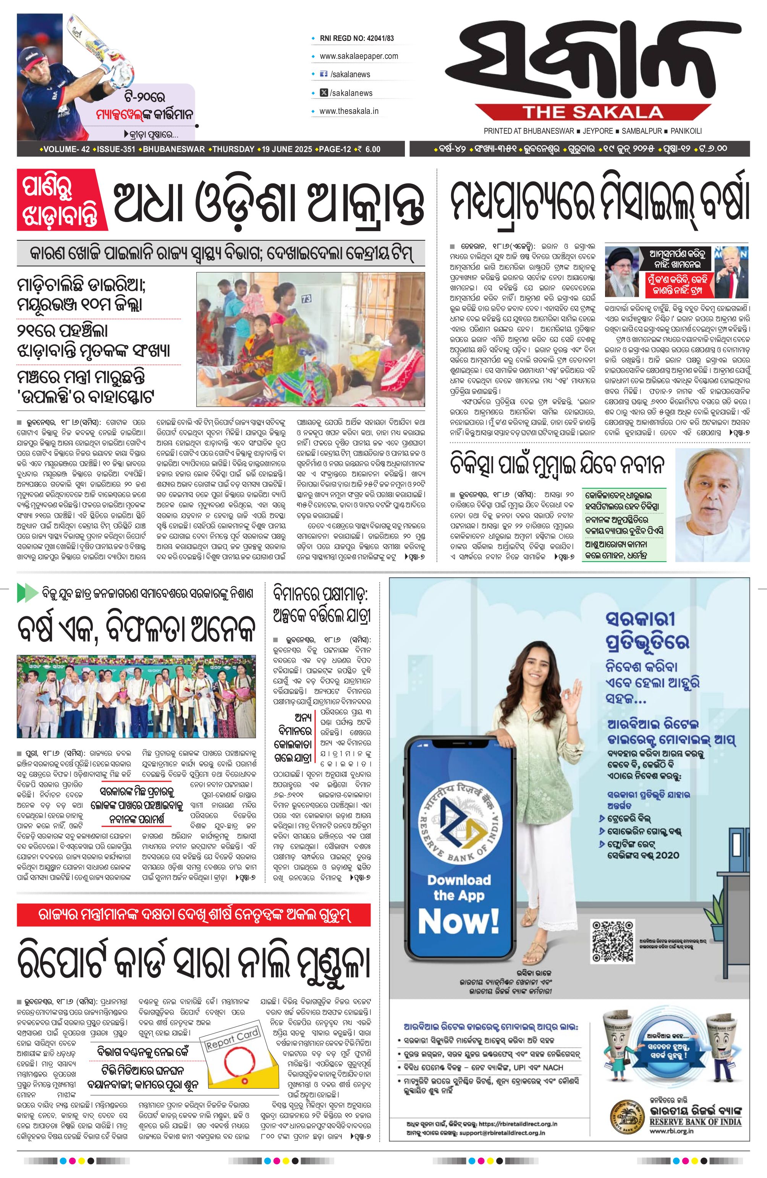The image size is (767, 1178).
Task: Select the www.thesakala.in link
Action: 349,111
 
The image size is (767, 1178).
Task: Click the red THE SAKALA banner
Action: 593,112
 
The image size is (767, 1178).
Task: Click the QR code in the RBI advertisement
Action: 613,942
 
